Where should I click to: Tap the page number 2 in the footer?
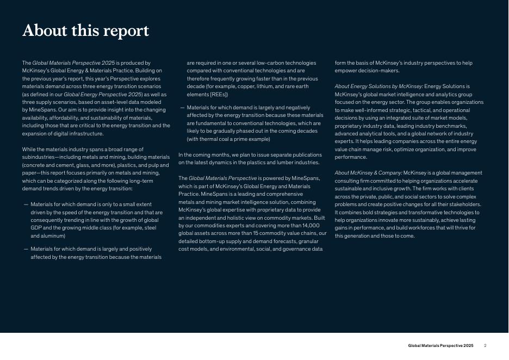pos(485,346)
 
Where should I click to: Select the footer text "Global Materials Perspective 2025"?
pos(440,346)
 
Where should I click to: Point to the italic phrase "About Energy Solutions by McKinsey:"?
pos(378,86)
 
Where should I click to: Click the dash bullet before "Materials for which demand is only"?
pos(26,204)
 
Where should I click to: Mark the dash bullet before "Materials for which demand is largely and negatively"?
pos(182,108)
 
